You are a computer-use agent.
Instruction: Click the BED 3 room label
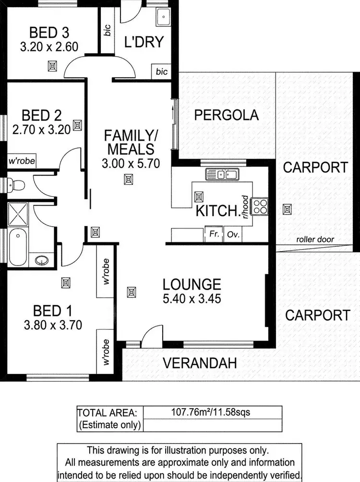[49, 33]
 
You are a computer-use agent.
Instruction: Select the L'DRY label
[144, 41]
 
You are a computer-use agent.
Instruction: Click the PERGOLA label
[227, 115]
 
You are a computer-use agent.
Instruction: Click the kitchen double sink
[223, 174]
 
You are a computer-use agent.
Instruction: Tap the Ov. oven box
[233, 235]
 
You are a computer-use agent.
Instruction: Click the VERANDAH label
[199, 363]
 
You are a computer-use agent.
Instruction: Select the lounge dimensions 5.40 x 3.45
[192, 299]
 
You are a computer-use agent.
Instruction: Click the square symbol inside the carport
[287, 209]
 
